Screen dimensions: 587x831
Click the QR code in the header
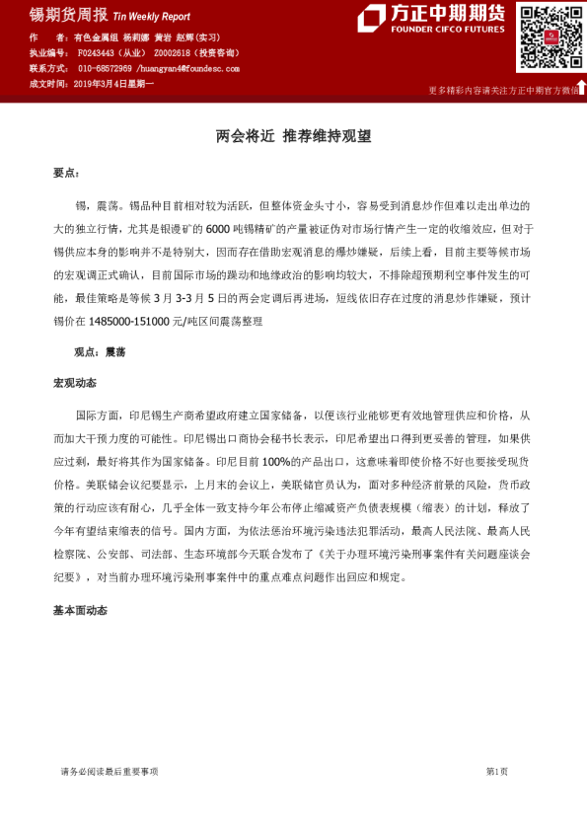click(x=550, y=38)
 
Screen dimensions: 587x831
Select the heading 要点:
click(x=65, y=173)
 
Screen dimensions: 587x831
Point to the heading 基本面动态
click(x=80, y=611)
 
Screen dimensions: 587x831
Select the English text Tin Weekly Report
click(x=152, y=17)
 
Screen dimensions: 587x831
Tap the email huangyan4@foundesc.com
click(x=194, y=69)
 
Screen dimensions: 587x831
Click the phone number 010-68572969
click(x=108, y=69)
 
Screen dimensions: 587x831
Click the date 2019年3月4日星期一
click(x=113, y=85)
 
